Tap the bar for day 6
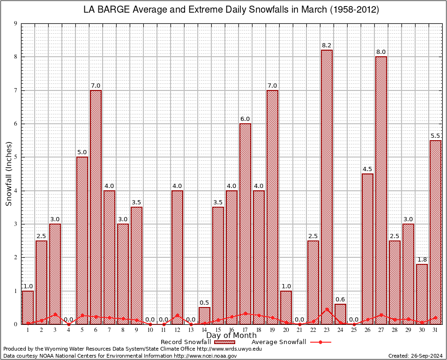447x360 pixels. pos(96,207)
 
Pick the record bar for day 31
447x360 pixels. pos(435,232)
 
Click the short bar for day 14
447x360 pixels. pos(204,315)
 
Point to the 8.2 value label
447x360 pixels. pos(327,45)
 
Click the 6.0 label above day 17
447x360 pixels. pos(245,119)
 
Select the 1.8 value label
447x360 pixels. pos(422,260)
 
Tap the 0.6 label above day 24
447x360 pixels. pos(340,300)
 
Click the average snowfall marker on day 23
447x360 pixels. pos(327,309)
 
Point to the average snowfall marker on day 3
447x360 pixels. pos(55,315)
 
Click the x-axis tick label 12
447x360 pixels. pos(177,330)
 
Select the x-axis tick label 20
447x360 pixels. pos(286,330)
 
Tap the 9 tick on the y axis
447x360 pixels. pos(16,23)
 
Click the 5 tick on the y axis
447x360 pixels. pos(16,157)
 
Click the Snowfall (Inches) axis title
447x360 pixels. pos(8,174)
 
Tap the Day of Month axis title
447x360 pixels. pos(231,336)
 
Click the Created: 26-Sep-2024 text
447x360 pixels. pos(415,356)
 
